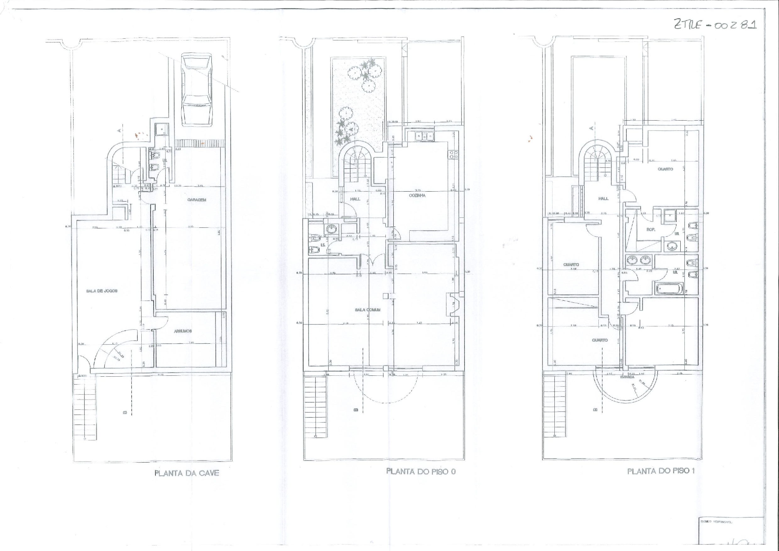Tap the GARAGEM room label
pos(196,200)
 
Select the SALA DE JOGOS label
pos(102,291)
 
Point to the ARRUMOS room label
pos(183,331)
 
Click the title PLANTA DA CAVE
pos(187,473)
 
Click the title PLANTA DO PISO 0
pos(421,471)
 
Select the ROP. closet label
pos(651,229)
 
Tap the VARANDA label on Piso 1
pos(627,377)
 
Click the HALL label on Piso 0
pos(355,199)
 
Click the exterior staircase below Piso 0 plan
pos(316,406)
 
